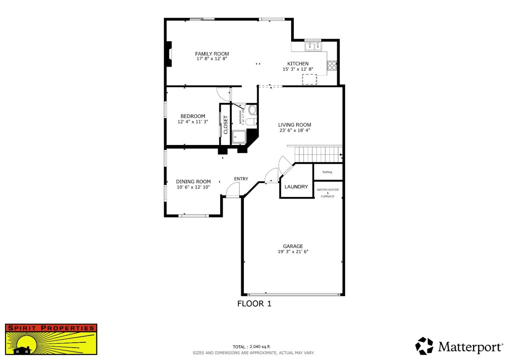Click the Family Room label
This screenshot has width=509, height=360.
coord(212,54)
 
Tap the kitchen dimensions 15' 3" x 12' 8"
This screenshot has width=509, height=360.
coord(298,69)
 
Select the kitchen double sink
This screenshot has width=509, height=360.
coord(313,46)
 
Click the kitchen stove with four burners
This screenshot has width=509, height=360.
coord(332,65)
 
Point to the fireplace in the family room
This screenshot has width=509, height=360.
coord(169,54)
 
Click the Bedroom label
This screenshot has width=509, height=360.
coord(193,116)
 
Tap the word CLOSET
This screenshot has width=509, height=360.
coord(226,125)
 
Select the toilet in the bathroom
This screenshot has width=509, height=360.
coord(252,110)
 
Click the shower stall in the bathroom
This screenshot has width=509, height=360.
coord(239,137)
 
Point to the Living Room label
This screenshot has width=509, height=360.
coord(294,125)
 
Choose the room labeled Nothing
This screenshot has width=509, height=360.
coord(327,172)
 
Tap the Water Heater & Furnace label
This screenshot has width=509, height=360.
coord(328,193)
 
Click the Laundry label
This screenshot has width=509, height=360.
coord(296,187)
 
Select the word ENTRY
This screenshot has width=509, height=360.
coord(241,179)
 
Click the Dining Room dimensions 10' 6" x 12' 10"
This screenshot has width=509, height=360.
coord(193,187)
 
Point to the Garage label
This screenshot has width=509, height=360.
coord(293,246)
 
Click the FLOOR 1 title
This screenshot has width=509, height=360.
coord(254,303)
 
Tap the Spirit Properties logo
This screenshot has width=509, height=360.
coord(51,339)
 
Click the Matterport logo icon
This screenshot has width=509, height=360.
coord(424,346)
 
